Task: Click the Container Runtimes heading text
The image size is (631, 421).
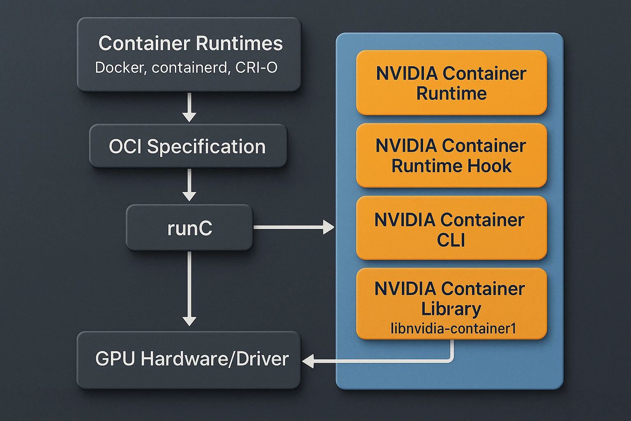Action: [191, 44]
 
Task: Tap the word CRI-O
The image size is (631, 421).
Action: [256, 67]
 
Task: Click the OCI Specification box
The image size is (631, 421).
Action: [188, 146]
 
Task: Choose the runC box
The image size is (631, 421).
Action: [189, 228]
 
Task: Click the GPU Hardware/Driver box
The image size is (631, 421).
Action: [189, 359]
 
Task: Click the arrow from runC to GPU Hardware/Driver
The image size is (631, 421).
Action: [189, 288]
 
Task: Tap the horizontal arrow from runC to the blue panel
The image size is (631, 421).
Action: [293, 227]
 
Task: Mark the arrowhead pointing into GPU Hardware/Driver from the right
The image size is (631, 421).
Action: [308, 361]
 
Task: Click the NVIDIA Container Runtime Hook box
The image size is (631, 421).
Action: [451, 156]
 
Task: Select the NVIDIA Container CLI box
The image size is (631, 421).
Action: [451, 229]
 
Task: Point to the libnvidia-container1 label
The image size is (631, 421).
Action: [453, 329]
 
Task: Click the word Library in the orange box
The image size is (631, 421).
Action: [451, 309]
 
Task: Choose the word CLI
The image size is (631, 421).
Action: [451, 240]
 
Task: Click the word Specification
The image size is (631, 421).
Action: [206, 147]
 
